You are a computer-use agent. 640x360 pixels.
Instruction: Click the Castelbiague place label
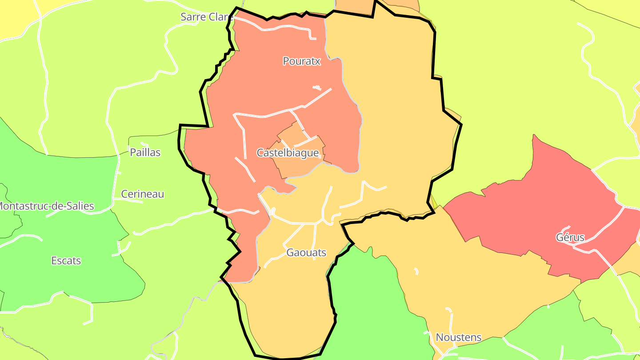[x=288, y=153]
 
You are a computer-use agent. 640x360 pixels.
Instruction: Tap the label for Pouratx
[x=301, y=61]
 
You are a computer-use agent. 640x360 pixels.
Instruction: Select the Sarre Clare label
[x=206, y=17]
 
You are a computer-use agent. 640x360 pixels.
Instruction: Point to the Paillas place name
[x=145, y=152]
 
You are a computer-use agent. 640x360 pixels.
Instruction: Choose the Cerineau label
[x=143, y=194]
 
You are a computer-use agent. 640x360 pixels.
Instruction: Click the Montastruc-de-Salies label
[x=46, y=206]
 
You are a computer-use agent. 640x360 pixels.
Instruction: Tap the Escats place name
[x=66, y=261]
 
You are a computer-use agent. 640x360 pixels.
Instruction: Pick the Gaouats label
[x=306, y=253]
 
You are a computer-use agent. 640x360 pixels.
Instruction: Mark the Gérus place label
[x=570, y=237]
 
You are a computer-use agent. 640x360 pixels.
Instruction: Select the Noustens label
[x=458, y=337]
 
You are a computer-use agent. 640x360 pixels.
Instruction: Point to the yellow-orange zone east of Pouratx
[x=391, y=111]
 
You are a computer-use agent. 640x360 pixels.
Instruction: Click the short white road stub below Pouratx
[x=317, y=87]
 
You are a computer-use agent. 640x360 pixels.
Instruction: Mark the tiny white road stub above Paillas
[x=144, y=144]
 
